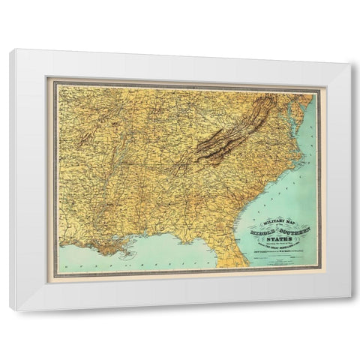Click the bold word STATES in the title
coord(279,238)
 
